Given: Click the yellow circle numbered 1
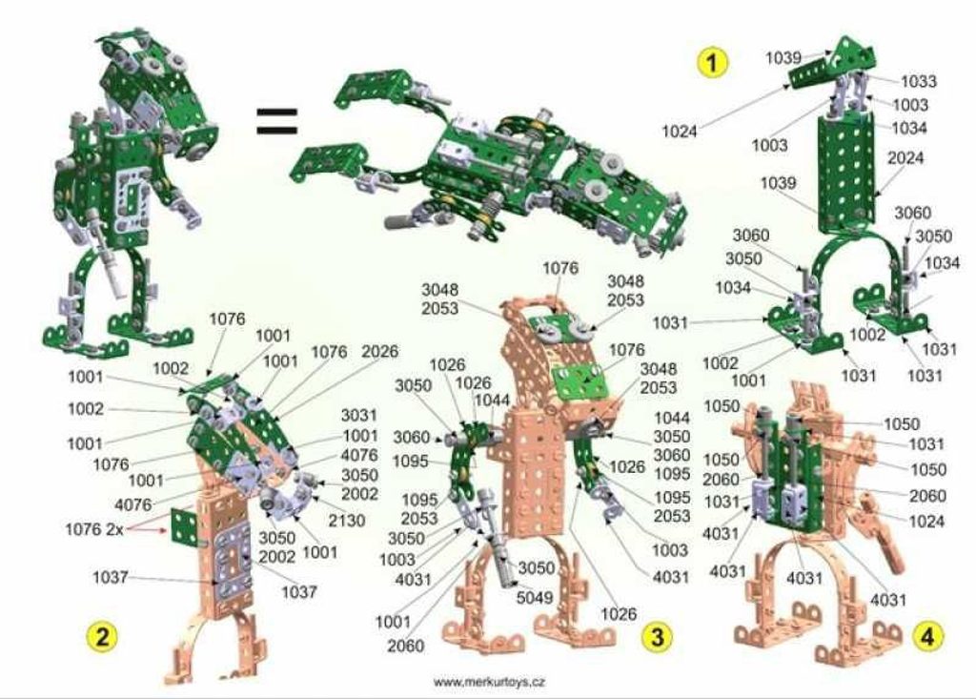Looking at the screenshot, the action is pos(713,63).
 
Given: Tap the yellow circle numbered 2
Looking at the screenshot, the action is pos(101,636).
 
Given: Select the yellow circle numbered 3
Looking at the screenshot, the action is pos(658,637).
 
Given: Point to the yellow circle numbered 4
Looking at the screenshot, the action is pos(926,637).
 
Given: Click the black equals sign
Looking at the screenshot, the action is pos(277,121).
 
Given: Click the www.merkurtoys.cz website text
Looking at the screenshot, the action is pos(489,682).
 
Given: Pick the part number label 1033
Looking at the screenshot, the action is pos(919,81).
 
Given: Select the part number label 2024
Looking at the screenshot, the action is pos(905,157).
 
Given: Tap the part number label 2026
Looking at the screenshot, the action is pos(379,351).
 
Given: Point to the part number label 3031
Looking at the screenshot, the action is pos(359,415).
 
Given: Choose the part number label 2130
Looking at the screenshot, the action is pos(347,520).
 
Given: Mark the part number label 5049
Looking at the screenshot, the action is pos(535,598).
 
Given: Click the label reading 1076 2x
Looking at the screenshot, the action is pos(94,529).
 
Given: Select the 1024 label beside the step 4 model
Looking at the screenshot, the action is pos(926,521).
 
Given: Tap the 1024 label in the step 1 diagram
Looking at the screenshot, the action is pos(679,132).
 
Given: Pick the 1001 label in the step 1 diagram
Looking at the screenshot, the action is pos(749,380).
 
